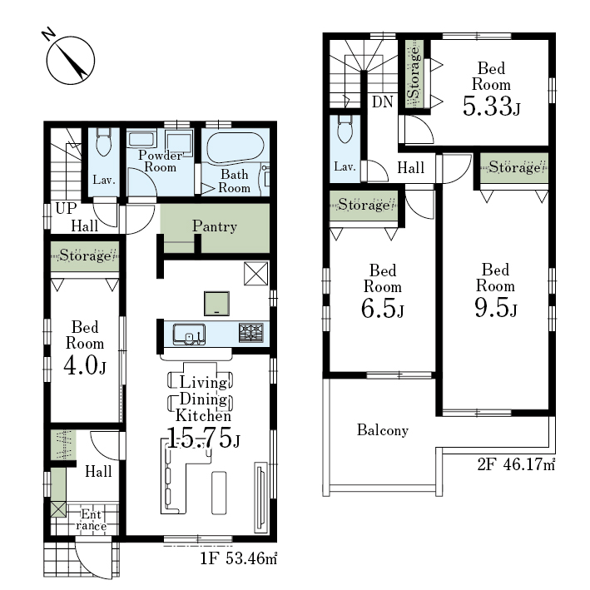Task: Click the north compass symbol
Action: [71, 60]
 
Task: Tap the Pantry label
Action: [215, 226]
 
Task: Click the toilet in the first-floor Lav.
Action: [103, 141]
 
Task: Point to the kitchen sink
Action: [189, 335]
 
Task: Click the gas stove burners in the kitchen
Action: [251, 333]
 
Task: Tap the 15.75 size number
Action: [202, 438]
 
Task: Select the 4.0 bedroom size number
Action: [85, 365]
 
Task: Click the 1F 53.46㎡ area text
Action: [238, 558]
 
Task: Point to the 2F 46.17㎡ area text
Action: [516, 464]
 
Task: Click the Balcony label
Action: [383, 430]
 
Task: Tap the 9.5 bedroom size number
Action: [496, 307]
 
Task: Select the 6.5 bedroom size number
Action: [382, 309]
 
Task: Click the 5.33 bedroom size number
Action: [492, 106]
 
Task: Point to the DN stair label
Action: [382, 102]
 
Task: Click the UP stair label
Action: [66, 208]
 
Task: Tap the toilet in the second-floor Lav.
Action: [345, 130]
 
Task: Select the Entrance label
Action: [92, 520]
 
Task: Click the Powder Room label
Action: [161, 161]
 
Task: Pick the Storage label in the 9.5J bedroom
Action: [514, 167]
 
